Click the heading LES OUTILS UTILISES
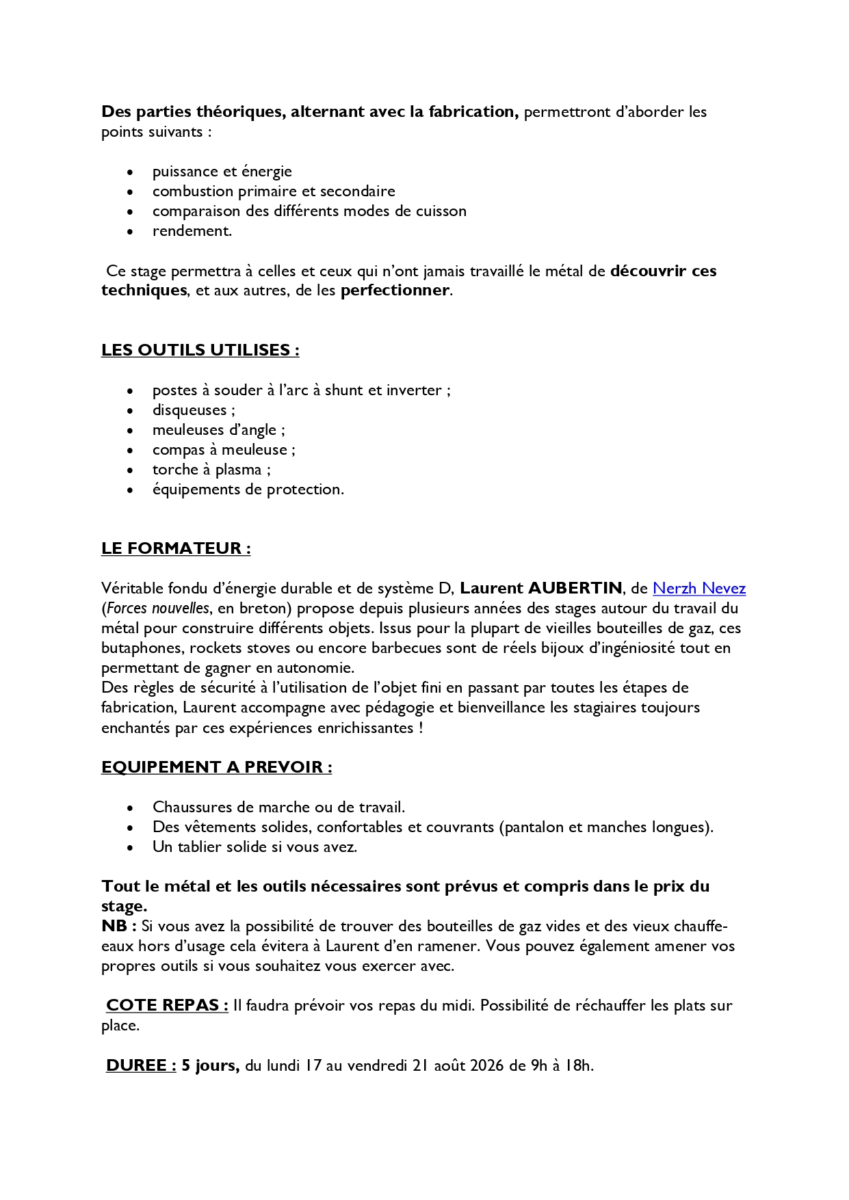[200, 350]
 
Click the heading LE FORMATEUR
[176, 548]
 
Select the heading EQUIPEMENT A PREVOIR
[216, 767]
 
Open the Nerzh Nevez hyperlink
[698, 588]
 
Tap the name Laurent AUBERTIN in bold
[540, 588]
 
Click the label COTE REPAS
[167, 1005]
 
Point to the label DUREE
[141, 1065]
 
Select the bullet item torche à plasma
[211, 470]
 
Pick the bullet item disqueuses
[194, 410]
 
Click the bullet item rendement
[192, 231]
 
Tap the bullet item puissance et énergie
[222, 172]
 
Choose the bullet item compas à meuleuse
[224, 450]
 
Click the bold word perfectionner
[395, 291]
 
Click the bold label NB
[118, 926]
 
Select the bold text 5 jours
[210, 1065]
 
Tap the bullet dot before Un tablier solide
[131, 847]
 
